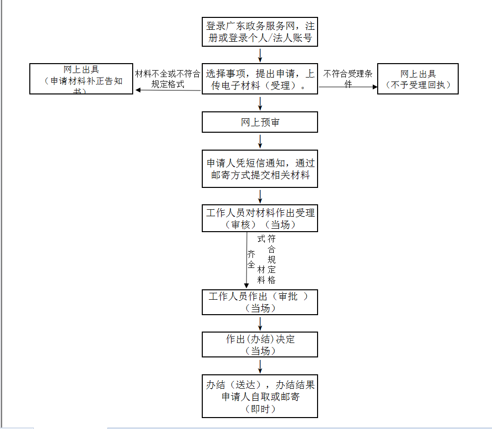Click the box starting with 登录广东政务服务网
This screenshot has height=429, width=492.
click(x=259, y=32)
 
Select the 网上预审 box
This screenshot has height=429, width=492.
click(x=259, y=122)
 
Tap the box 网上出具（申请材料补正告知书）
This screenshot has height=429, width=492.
click(x=81, y=79)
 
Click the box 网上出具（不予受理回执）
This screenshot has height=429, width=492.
click(x=417, y=79)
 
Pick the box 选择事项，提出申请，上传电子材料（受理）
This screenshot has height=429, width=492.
click(x=259, y=79)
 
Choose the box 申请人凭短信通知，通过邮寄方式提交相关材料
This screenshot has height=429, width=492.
click(x=259, y=169)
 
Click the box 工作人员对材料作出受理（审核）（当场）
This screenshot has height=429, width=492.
click(x=259, y=218)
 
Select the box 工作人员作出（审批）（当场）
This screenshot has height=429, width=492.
click(x=259, y=302)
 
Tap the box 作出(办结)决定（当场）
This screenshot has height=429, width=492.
click(x=259, y=344)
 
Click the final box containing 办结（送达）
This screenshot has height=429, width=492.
click(x=259, y=396)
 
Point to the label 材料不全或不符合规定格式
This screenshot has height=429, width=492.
click(x=167, y=79)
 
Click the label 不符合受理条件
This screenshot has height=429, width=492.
click(x=348, y=79)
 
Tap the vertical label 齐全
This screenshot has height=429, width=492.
click(x=251, y=259)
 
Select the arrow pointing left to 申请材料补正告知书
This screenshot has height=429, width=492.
click(x=167, y=90)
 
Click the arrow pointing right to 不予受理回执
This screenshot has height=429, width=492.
click(x=348, y=87)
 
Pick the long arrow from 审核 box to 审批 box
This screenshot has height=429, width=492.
click(x=246, y=261)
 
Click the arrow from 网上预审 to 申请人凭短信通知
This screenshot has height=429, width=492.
click(x=260, y=141)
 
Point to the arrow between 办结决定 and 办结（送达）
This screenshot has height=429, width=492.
click(x=260, y=366)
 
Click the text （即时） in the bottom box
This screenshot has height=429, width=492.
click(x=259, y=409)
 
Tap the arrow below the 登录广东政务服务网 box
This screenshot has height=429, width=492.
click(x=260, y=54)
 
